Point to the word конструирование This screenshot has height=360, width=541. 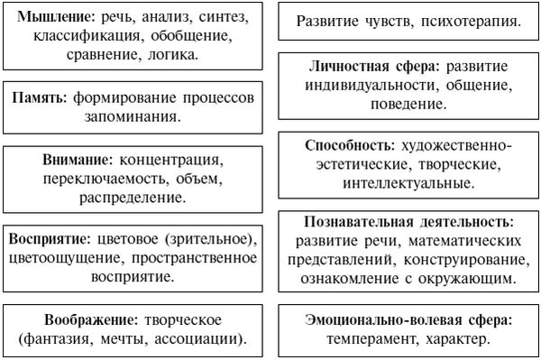pos(474,261)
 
